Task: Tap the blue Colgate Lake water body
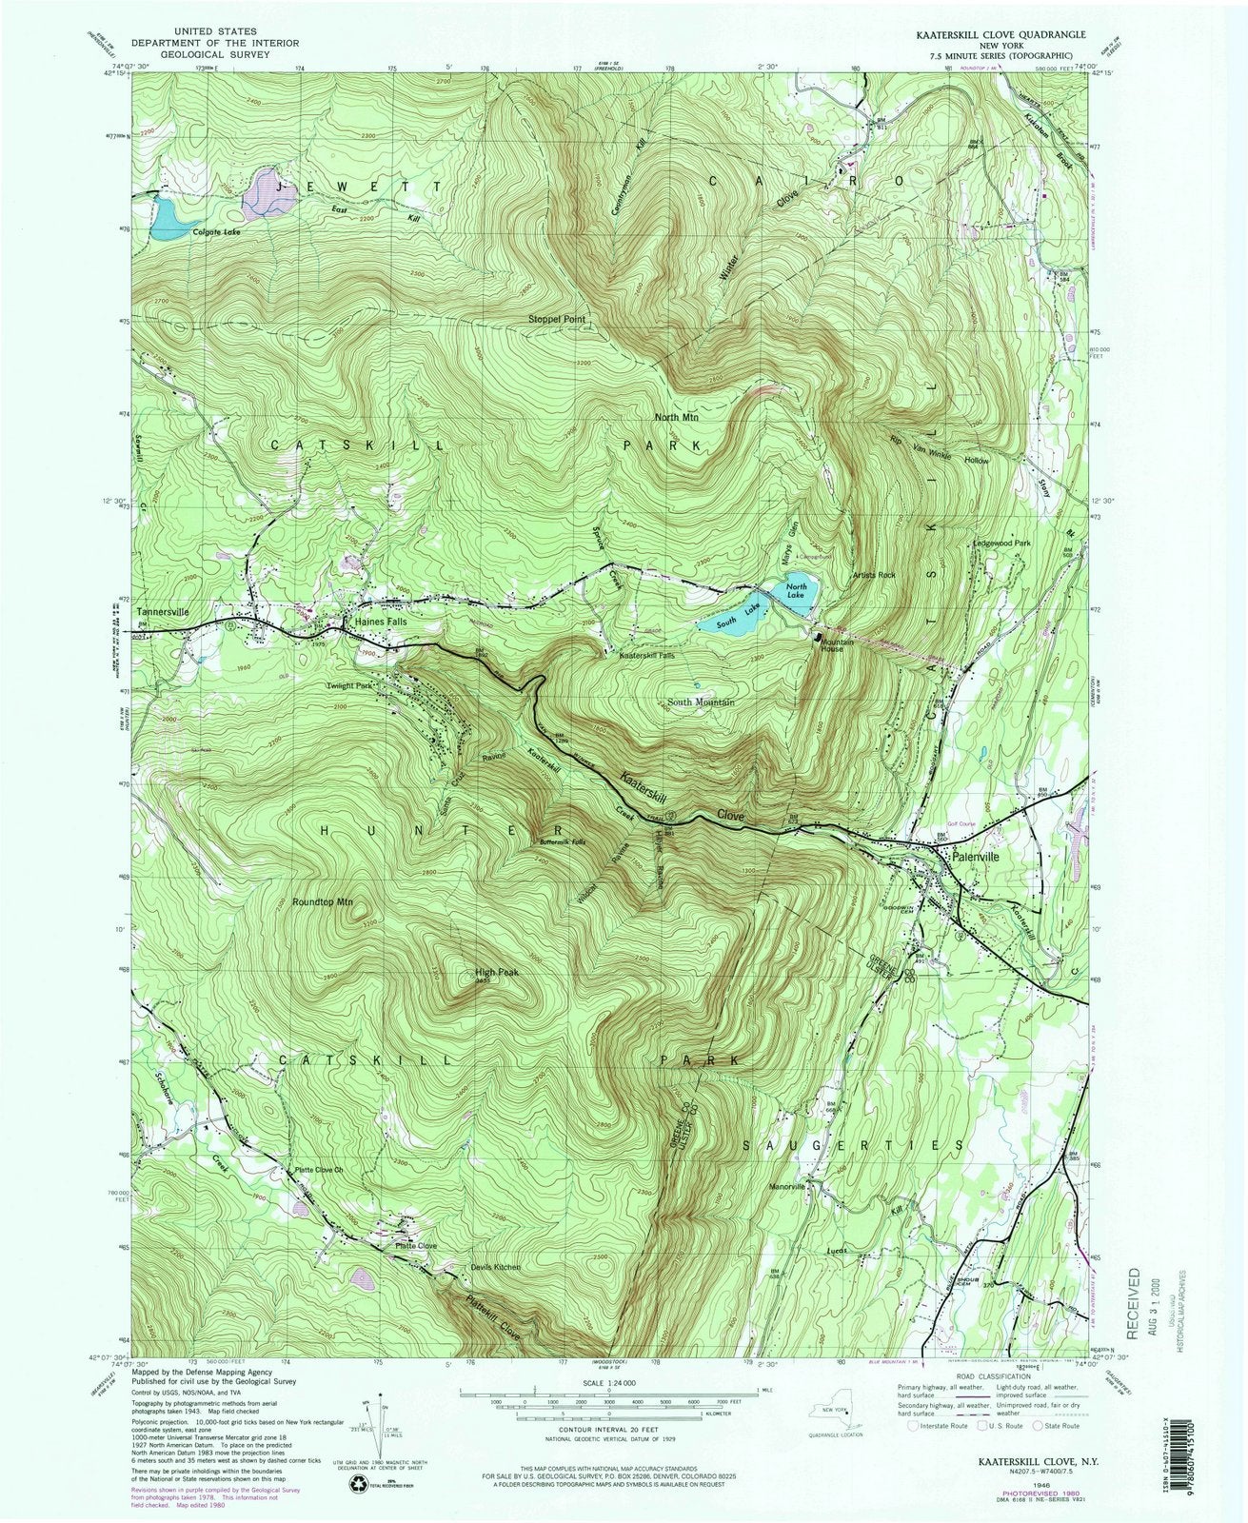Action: coord(173,217)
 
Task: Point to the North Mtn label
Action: coord(676,418)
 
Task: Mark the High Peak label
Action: coord(495,973)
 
